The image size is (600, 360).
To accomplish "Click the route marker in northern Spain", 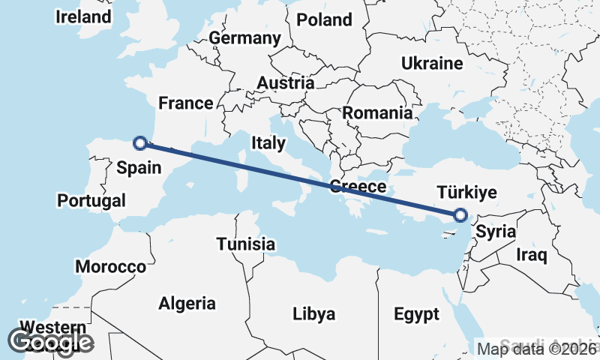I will tap(139, 142).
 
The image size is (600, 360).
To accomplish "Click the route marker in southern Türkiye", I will tap(460, 215).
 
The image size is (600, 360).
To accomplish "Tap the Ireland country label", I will tap(83, 16).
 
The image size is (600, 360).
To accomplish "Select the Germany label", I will tap(244, 38).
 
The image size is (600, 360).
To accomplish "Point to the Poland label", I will tap(324, 19).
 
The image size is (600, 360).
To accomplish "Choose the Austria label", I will tap(285, 82).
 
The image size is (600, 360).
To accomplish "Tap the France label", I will tap(186, 103).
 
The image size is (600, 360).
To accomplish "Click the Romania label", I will tap(377, 114).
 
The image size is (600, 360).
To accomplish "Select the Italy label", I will tap(268, 142).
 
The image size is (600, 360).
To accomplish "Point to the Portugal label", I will tap(91, 201).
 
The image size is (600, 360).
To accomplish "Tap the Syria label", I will tap(496, 232).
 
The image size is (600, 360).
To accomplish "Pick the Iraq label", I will tap(532, 255).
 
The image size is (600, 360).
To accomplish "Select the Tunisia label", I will tap(246, 244).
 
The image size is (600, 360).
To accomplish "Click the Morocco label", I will tap(110, 267).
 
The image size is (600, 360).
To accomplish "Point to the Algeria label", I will tap(187, 304).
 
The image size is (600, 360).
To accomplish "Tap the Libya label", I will tap(314, 313).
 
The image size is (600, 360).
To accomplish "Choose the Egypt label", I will tap(416, 313).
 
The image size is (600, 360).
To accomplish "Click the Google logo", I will tap(50, 342).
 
